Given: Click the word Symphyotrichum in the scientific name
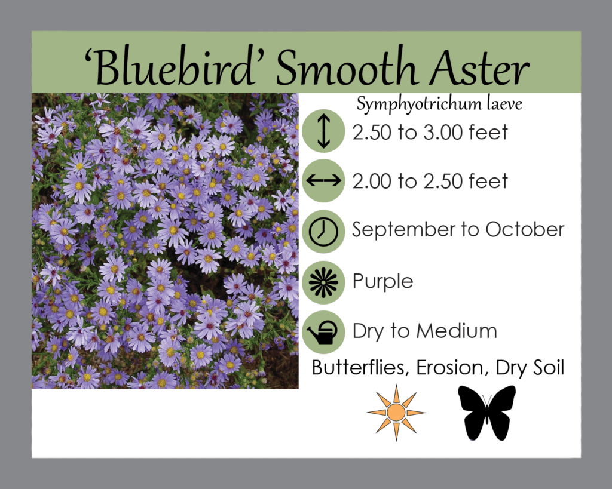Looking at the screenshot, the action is tap(419, 104).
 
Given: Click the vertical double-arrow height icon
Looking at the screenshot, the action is tap(323, 131).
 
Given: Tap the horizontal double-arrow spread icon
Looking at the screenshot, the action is tap(323, 180).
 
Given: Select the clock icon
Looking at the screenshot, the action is tap(323, 231).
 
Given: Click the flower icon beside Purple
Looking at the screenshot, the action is tap(323, 282).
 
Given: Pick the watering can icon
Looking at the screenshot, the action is tap(323, 332).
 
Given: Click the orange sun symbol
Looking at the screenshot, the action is tap(396, 413).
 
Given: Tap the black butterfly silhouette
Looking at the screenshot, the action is tap(486, 413).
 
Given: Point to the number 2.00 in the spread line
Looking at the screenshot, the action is tap(372, 182).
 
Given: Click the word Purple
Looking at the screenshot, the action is tap(383, 282).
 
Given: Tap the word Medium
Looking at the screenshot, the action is tap(457, 331).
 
